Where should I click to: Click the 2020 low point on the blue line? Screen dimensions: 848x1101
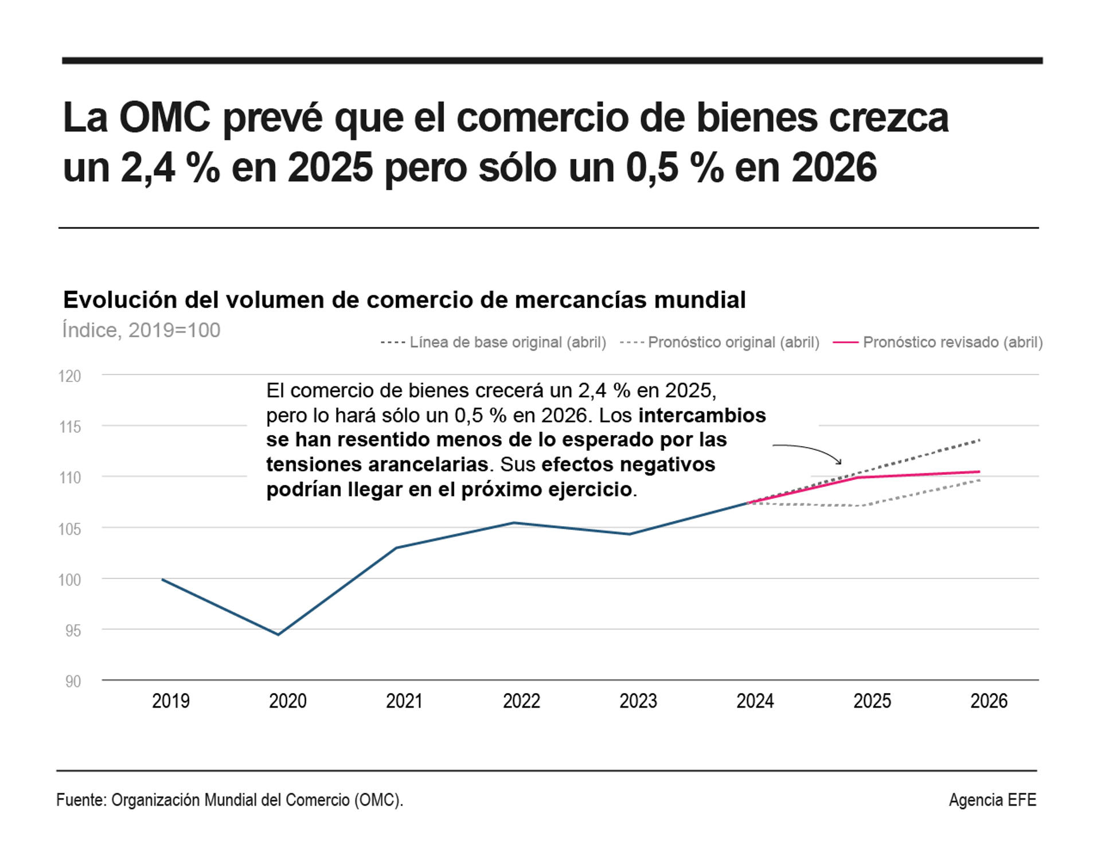click(x=279, y=634)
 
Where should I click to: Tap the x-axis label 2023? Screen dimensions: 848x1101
click(x=638, y=701)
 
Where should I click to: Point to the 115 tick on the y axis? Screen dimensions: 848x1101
click(x=70, y=427)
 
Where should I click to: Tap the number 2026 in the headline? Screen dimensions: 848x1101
click(x=834, y=167)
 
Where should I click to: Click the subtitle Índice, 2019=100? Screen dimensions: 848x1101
click(x=141, y=330)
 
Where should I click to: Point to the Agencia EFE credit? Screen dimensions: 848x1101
click(x=992, y=800)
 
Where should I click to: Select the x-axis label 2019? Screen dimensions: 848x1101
click(x=171, y=701)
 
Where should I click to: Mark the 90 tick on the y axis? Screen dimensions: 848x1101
click(x=73, y=681)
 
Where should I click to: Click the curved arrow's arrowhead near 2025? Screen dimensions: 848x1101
click(x=840, y=463)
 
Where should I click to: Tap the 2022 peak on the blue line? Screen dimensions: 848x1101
click(x=514, y=522)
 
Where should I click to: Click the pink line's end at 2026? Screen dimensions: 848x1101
click(x=979, y=472)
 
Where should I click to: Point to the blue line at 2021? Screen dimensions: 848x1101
click(x=396, y=548)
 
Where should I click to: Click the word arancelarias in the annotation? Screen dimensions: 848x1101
click(x=428, y=464)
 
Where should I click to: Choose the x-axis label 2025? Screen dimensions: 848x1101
click(x=872, y=701)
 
